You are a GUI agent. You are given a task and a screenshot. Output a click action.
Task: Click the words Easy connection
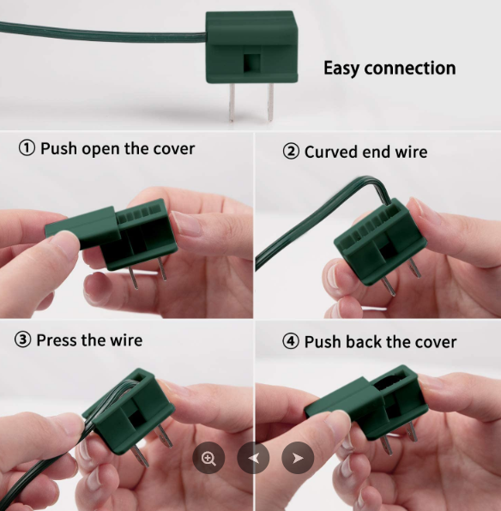(389, 69)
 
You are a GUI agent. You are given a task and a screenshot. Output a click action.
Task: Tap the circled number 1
(27, 148)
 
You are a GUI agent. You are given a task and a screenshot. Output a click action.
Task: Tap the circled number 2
(291, 152)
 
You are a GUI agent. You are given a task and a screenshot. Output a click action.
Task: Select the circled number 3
(23, 340)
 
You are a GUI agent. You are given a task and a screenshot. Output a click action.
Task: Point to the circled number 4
(291, 341)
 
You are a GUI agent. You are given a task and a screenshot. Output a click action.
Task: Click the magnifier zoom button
(208, 458)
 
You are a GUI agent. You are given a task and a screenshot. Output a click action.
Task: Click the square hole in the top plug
(252, 63)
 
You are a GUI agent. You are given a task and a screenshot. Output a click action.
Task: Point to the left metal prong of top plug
(232, 103)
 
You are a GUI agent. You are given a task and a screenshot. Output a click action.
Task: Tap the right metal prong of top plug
(270, 102)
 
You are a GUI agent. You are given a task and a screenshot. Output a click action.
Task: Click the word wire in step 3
(126, 340)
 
